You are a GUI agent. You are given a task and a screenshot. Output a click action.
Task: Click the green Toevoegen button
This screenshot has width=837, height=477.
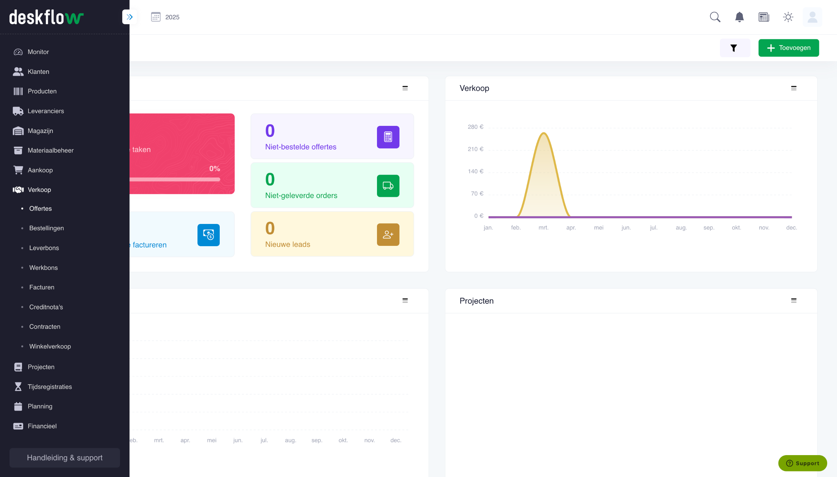click(788, 48)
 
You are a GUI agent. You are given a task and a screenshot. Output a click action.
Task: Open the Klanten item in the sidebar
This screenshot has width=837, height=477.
click(38, 72)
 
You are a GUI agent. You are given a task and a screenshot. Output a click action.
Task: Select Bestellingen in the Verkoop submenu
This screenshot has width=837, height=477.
click(46, 228)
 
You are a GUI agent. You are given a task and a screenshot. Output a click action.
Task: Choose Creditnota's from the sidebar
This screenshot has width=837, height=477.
click(46, 307)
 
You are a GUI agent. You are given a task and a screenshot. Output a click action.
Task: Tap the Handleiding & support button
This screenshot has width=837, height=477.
click(64, 457)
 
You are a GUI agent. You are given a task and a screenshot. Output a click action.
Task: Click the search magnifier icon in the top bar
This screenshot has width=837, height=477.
click(715, 17)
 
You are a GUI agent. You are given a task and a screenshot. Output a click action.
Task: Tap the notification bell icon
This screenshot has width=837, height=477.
click(739, 17)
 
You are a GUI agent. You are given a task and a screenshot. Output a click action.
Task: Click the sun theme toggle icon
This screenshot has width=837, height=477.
click(788, 17)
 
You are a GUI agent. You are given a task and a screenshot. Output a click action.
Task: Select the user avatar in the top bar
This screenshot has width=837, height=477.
click(812, 17)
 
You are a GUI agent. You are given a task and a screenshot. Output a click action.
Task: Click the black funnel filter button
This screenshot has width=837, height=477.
click(734, 48)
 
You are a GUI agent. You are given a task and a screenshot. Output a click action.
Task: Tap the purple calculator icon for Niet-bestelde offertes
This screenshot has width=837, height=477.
click(388, 137)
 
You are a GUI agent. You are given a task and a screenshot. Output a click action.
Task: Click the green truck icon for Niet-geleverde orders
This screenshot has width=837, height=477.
click(388, 186)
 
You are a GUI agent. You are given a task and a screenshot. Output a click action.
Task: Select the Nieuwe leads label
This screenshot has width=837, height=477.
click(287, 245)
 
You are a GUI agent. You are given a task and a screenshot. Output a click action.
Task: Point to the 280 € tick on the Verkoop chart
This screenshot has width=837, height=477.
click(475, 127)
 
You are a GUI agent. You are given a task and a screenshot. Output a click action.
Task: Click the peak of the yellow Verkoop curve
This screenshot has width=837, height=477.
click(543, 133)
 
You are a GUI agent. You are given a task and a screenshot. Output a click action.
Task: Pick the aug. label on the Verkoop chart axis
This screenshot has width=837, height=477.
click(681, 228)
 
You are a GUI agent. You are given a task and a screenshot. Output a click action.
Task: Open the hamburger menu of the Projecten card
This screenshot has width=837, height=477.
click(794, 300)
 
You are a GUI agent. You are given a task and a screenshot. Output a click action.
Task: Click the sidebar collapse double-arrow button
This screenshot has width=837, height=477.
click(129, 17)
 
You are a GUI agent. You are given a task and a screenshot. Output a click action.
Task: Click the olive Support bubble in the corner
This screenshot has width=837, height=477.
click(802, 463)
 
